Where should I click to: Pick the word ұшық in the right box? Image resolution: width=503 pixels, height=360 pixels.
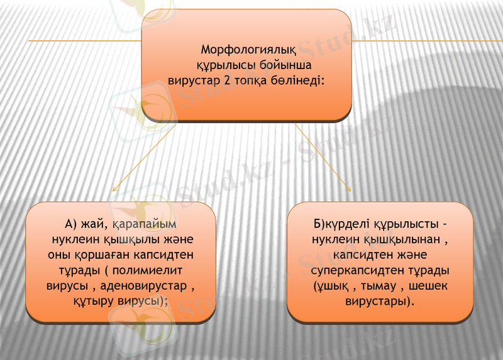pyautogui.click(x=331, y=286)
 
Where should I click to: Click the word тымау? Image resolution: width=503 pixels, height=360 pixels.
pyautogui.click(x=372, y=286)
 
